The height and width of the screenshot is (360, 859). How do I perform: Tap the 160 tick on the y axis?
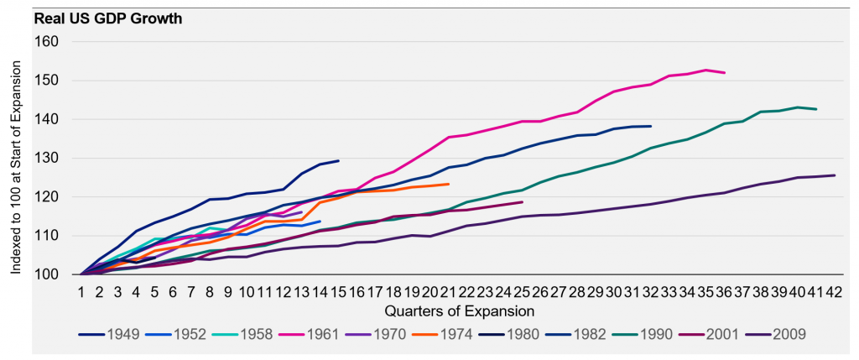pyautogui.click(x=52, y=42)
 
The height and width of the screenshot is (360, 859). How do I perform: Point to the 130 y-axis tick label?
pyautogui.click(x=52, y=159)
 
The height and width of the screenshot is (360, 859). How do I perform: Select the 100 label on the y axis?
pyautogui.click(x=52, y=274)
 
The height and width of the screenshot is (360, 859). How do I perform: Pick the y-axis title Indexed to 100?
pyautogui.click(x=18, y=159)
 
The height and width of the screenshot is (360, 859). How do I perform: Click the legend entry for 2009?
pyautogui.click(x=789, y=334)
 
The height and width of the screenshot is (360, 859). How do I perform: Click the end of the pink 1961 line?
pyautogui.click(x=724, y=73)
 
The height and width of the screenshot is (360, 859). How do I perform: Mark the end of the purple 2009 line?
pyautogui.click(x=834, y=175)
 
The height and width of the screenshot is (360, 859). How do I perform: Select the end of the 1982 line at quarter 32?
pyautogui.click(x=651, y=126)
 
